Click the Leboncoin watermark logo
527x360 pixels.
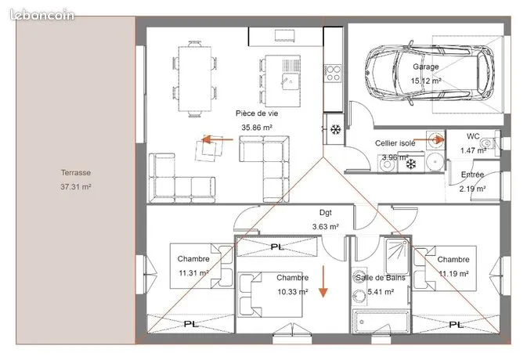click(42, 15)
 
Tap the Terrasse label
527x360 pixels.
click(76, 173)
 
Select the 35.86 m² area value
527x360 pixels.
click(257, 128)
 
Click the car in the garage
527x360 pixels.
click(430, 73)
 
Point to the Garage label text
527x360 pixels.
click(426, 67)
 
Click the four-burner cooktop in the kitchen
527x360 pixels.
click(333, 74)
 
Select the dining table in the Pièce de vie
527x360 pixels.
click(195, 79)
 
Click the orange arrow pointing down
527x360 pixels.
click(323, 282)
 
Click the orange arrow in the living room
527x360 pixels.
click(218, 139)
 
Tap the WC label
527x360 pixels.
click(473, 136)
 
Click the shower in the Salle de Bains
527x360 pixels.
click(397, 256)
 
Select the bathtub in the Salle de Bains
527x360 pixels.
click(381, 322)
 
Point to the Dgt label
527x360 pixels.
click(325, 213)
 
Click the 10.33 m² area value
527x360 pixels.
click(292, 292)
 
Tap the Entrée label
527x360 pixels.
click(472, 175)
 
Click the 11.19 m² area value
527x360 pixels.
click(453, 274)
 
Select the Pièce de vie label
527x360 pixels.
click(257, 113)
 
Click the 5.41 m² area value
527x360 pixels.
click(381, 292)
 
